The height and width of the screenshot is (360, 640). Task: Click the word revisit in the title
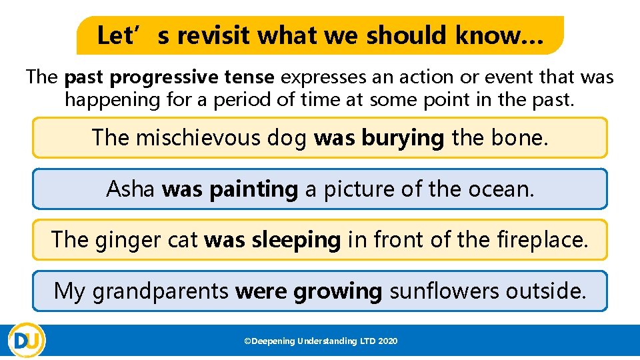[x=214, y=35]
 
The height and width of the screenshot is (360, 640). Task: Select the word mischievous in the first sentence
[x=220, y=138]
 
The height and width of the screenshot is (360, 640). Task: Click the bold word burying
[x=403, y=138]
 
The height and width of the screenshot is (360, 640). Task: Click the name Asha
[x=131, y=189]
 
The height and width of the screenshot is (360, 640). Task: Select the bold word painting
[x=253, y=189]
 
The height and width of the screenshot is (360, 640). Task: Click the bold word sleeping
[x=296, y=240]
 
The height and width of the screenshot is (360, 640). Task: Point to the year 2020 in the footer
[x=388, y=341]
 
